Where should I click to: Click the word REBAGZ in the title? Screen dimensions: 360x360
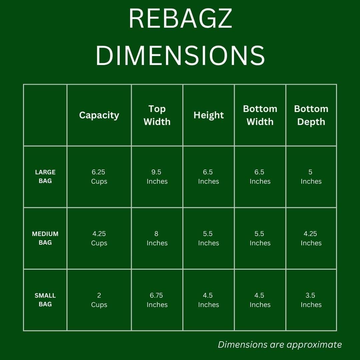[x=180, y=19]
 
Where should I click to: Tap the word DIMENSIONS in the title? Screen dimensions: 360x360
[x=180, y=55]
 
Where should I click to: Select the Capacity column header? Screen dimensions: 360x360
[x=99, y=115]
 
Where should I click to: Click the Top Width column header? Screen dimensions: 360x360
[x=157, y=115]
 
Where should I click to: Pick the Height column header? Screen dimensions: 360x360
[x=208, y=115]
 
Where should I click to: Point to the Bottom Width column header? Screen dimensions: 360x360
[x=260, y=115]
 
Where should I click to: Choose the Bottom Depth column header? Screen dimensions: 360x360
[x=311, y=115]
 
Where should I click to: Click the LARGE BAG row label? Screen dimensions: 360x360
[x=45, y=177]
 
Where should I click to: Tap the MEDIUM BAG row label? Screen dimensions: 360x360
[x=45, y=238]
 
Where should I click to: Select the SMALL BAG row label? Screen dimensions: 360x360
[x=45, y=300]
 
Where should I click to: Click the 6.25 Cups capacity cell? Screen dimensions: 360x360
[x=99, y=177]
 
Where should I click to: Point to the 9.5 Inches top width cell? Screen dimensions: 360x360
[x=157, y=177]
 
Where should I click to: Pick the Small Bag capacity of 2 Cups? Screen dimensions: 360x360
[x=99, y=300]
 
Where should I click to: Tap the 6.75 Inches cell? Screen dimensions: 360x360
[x=157, y=300]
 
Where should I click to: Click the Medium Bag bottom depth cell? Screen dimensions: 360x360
[x=311, y=238]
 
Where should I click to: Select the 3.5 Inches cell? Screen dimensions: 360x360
[x=311, y=300]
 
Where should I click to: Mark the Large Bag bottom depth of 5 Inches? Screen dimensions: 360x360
[x=311, y=177]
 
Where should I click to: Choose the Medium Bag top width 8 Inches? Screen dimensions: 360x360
[x=157, y=238]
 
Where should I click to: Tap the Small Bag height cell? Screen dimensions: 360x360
[x=208, y=300]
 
